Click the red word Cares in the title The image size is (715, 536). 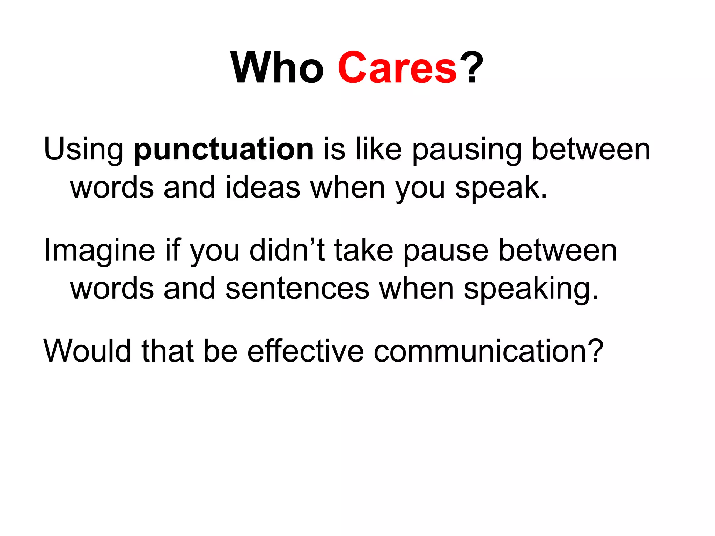click(x=397, y=68)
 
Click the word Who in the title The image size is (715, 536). click(x=278, y=68)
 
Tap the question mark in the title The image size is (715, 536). click(x=472, y=68)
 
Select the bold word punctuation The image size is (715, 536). click(x=224, y=150)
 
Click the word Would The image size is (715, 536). click(x=88, y=351)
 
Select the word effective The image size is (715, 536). click(x=305, y=351)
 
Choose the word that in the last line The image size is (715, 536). click(x=167, y=351)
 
